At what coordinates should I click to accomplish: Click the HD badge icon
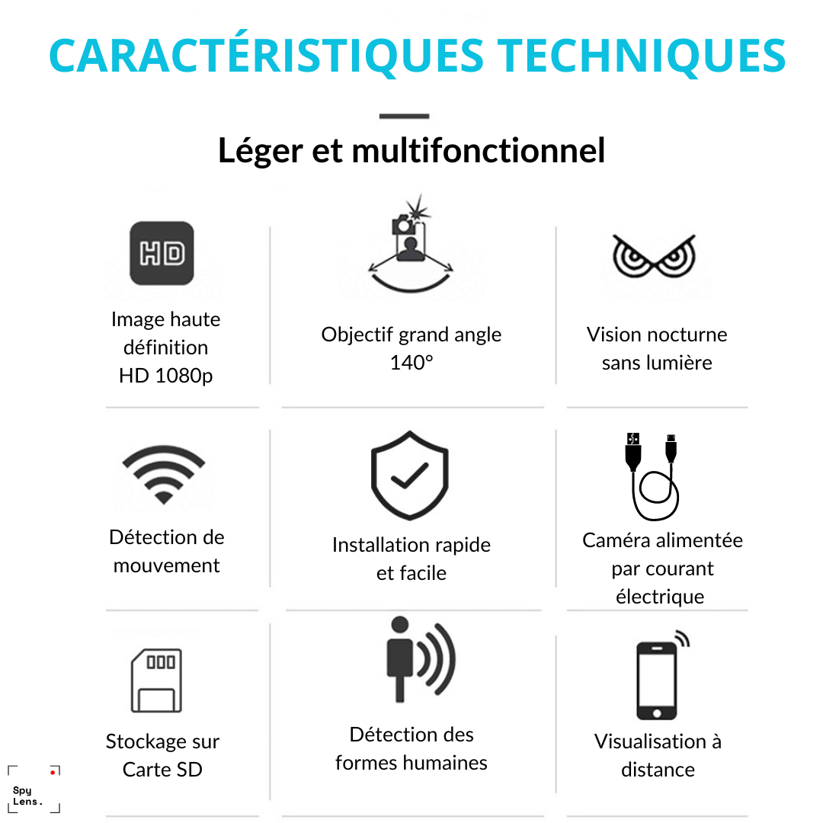[x=162, y=253]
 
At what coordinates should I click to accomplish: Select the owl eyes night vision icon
[x=654, y=256]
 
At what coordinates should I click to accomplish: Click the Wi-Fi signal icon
[x=164, y=475]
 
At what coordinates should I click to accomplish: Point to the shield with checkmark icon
[x=409, y=476]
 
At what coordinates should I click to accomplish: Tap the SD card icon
[x=156, y=680]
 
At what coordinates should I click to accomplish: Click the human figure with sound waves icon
[x=421, y=659]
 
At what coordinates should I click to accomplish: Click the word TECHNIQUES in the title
[x=642, y=56]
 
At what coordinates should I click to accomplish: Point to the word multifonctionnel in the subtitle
[x=478, y=151]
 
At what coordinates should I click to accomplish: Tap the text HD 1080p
[x=166, y=375]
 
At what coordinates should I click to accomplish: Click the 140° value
[x=411, y=362]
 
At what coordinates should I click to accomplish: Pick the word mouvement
[x=166, y=565]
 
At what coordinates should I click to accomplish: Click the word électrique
[x=660, y=597]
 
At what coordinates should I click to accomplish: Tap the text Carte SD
[x=162, y=770]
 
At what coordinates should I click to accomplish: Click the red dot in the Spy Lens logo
[x=53, y=772]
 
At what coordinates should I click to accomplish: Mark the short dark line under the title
[x=404, y=116]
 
